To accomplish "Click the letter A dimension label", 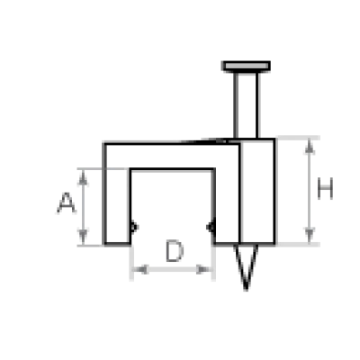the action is [66, 203].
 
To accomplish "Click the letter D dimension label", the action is [175, 251].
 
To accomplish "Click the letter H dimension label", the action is [325, 188].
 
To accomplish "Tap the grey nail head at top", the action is [246, 66].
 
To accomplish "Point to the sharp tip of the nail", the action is [247, 289].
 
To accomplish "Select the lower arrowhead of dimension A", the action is [83, 237].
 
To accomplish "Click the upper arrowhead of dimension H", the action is [310, 146].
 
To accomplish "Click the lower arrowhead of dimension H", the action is [310, 235].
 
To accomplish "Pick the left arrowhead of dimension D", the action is [140, 269].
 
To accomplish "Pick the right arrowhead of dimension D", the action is [204, 269].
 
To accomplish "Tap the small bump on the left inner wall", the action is [134, 227].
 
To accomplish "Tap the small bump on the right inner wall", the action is [211, 227].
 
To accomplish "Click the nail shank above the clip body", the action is [247, 105].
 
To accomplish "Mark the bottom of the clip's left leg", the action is [117, 244].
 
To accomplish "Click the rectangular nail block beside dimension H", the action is [257, 191].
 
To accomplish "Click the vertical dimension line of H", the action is [310, 191].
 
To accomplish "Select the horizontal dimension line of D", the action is [172, 269].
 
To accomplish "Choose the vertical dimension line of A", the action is [83, 207].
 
